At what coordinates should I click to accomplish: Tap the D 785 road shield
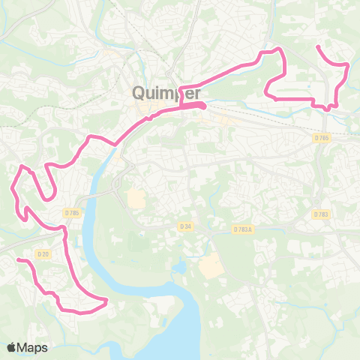[72, 213]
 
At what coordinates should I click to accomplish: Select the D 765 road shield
[322, 138]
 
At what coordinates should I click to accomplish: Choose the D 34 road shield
[187, 226]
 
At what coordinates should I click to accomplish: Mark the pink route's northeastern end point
[318, 47]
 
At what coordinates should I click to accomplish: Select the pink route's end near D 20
[19, 259]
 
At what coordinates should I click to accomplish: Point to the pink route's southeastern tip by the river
[106, 301]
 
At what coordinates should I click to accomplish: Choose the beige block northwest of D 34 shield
[136, 199]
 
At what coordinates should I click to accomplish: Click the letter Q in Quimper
[139, 92]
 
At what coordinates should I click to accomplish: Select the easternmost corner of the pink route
[349, 66]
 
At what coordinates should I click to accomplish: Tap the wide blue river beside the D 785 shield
[91, 225]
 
